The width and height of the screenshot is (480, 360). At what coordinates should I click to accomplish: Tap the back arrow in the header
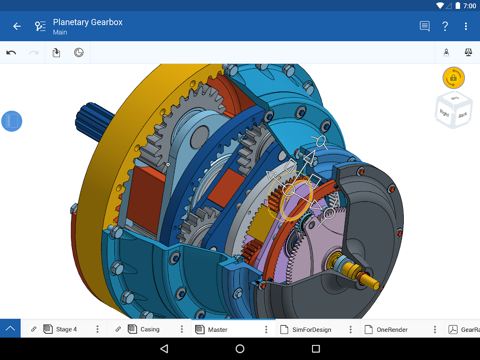pyautogui.click(x=17, y=26)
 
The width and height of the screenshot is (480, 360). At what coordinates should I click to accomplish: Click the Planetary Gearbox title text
pyautogui.click(x=88, y=22)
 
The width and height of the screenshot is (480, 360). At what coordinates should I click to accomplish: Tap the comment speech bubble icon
pyautogui.click(x=424, y=26)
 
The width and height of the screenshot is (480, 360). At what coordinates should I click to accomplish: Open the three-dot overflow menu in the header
pyautogui.click(x=466, y=26)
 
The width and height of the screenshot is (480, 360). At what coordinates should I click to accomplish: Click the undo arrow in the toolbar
pyautogui.click(x=11, y=53)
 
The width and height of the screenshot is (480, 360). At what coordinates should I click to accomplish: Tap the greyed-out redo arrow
pyautogui.click(x=34, y=53)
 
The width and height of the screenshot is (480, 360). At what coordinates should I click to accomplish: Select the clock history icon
pyautogui.click(x=79, y=53)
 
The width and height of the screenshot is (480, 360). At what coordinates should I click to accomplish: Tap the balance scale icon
pyautogui.click(x=468, y=53)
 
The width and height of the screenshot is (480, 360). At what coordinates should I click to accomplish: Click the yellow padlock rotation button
pyautogui.click(x=453, y=78)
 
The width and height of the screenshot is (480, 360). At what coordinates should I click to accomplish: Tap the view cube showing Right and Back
pyautogui.click(x=453, y=111)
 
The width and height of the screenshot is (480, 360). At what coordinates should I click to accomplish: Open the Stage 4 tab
pyautogui.click(x=66, y=329)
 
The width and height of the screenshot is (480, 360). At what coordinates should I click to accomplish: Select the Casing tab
pyautogui.click(x=150, y=329)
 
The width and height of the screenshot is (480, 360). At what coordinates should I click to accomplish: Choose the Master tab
pyautogui.click(x=217, y=329)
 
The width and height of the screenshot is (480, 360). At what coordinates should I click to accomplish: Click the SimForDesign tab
pyautogui.click(x=312, y=329)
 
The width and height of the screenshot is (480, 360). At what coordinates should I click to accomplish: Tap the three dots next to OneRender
pyautogui.click(x=435, y=329)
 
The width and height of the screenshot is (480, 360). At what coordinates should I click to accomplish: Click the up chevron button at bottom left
pyautogui.click(x=10, y=329)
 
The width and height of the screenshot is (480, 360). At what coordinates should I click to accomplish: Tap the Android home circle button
pyautogui.click(x=240, y=349)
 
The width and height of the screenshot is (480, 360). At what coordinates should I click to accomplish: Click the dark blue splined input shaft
pyautogui.click(x=92, y=120)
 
